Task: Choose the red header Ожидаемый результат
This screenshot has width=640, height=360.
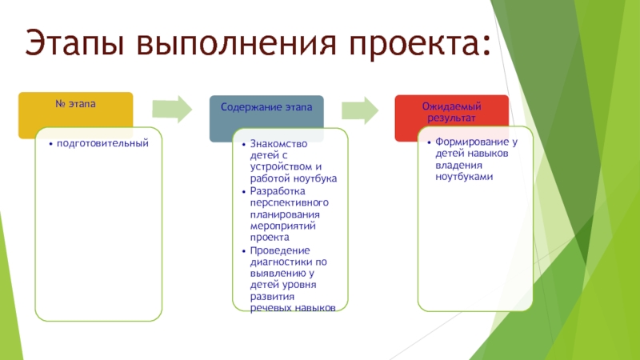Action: click(452, 111)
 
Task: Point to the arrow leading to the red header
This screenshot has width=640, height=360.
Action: click(359, 109)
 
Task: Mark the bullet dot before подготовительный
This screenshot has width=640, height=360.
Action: click(50, 144)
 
